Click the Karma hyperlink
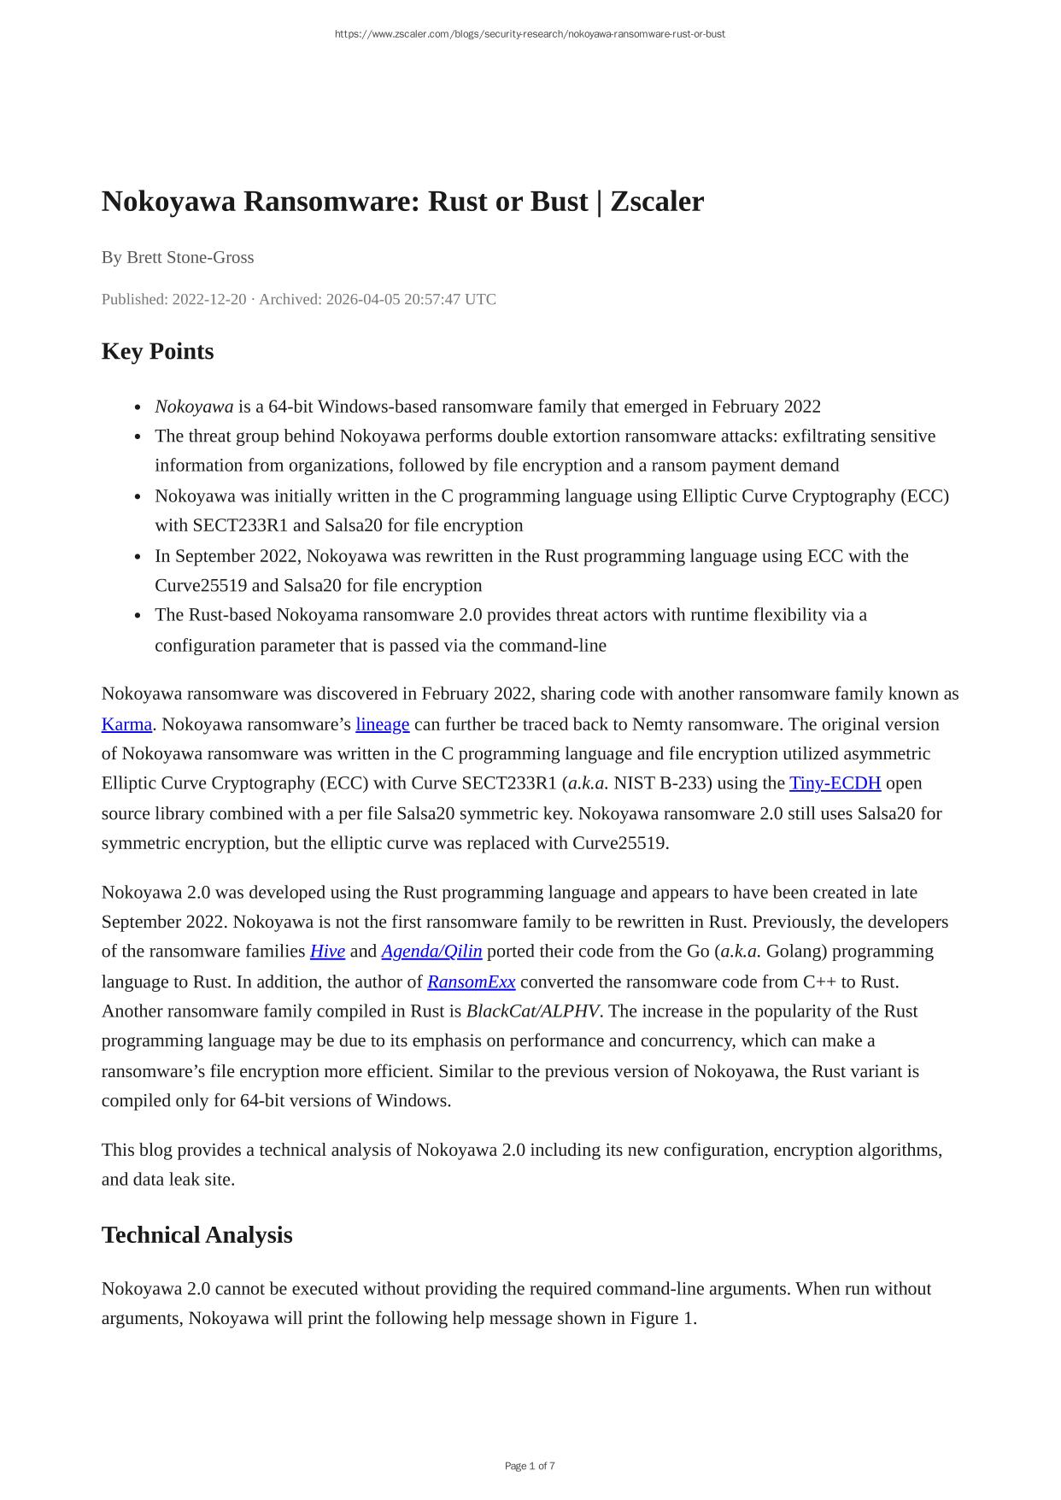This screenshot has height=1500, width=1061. point(126,724)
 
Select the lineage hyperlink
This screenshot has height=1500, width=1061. point(382,724)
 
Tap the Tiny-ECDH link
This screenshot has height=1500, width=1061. point(835,783)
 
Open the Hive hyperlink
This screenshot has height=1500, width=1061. point(327,952)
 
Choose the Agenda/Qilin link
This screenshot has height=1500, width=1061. point(431,952)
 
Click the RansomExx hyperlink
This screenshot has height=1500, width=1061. point(471,982)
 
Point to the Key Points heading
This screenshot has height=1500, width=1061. point(157,352)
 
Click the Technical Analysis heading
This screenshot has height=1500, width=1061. point(196,1235)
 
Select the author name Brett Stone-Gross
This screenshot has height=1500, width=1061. point(190,257)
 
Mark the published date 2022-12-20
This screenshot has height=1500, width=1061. point(208,299)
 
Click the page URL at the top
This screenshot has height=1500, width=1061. point(530,34)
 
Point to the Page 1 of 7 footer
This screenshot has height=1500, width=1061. point(530,1466)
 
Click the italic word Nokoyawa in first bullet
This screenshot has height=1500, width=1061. point(194,407)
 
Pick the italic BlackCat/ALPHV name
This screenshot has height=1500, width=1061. point(532,1011)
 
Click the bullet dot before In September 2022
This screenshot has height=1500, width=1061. point(138,557)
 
